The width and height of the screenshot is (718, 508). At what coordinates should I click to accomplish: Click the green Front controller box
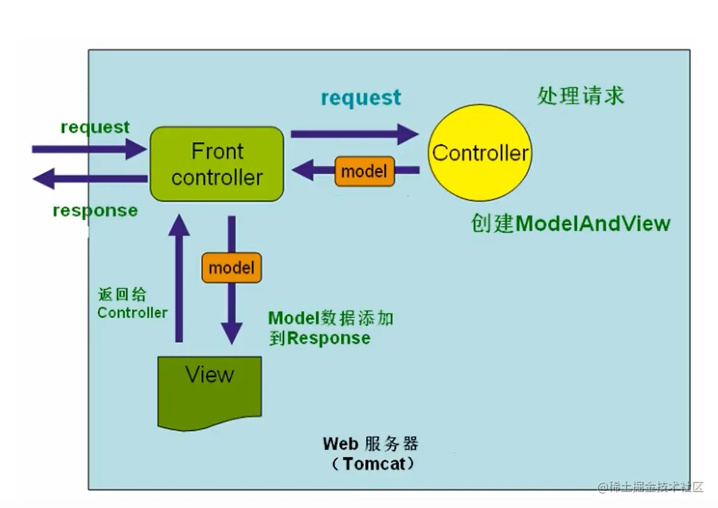(217, 164)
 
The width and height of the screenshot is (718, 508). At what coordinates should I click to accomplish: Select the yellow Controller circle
(480, 154)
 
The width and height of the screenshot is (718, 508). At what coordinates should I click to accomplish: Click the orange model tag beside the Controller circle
(364, 172)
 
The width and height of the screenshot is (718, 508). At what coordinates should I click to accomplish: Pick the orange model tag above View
(231, 268)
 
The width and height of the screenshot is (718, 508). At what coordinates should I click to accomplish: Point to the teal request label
(361, 98)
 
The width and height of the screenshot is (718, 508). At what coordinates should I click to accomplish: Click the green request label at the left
(95, 127)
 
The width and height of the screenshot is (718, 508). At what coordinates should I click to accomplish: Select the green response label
(95, 211)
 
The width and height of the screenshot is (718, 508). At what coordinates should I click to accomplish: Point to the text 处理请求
(580, 96)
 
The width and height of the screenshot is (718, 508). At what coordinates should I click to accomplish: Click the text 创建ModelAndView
(570, 223)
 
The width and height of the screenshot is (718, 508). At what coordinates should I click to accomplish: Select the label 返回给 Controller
(132, 304)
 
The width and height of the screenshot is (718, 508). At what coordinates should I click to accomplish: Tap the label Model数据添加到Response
(330, 328)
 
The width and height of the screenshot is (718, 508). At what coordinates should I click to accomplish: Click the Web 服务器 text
(370, 443)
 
